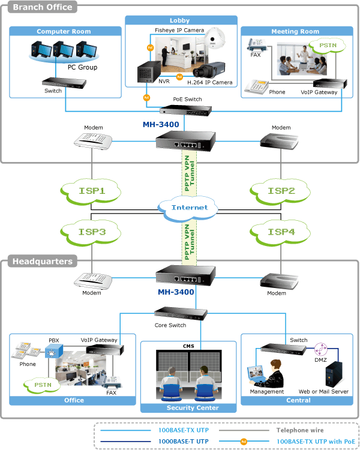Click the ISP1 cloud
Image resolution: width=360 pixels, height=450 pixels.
pos(91,191)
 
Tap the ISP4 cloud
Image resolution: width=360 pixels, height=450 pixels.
pos(280,232)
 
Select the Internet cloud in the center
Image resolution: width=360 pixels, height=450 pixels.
pos(188,208)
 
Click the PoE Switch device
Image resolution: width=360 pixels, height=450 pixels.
pos(186,110)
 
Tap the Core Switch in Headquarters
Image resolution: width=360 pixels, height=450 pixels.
pos(181,313)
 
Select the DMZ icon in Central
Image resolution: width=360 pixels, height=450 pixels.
pos(320,349)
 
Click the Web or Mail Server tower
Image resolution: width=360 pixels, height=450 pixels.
pos(334,374)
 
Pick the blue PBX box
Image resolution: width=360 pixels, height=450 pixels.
pos(53,351)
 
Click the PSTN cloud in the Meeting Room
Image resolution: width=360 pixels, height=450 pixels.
pos(327,46)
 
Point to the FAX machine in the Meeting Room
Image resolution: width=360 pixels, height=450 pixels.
pos(256,44)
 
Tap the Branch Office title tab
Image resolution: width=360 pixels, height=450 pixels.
pos(43,7)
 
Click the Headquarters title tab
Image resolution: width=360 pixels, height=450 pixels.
pos(43,261)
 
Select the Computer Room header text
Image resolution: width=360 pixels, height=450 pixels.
pos(64,31)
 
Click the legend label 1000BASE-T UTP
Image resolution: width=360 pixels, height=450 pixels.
pos(184,442)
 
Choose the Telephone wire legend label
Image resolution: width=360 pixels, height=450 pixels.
pos(300,430)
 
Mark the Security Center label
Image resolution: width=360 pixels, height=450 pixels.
pos(193,408)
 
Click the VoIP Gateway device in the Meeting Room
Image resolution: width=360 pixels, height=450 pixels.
pos(330,84)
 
